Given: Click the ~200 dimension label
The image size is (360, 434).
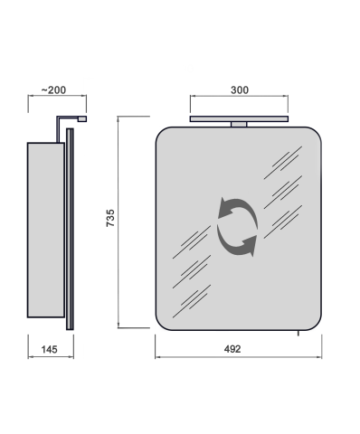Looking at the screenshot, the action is [x=53, y=90].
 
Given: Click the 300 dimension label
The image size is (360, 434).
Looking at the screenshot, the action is [x=240, y=90].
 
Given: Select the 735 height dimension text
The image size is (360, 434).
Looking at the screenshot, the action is [x=110, y=218].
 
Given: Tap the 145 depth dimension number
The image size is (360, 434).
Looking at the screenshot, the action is [x=49, y=350].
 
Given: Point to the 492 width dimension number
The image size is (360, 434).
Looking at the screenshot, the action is [x=232, y=349].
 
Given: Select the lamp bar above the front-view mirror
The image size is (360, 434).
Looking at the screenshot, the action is [x=239, y=119].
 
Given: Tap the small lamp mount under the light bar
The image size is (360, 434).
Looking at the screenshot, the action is [x=239, y=125].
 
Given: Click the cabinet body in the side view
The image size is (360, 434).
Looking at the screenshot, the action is [x=46, y=230].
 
